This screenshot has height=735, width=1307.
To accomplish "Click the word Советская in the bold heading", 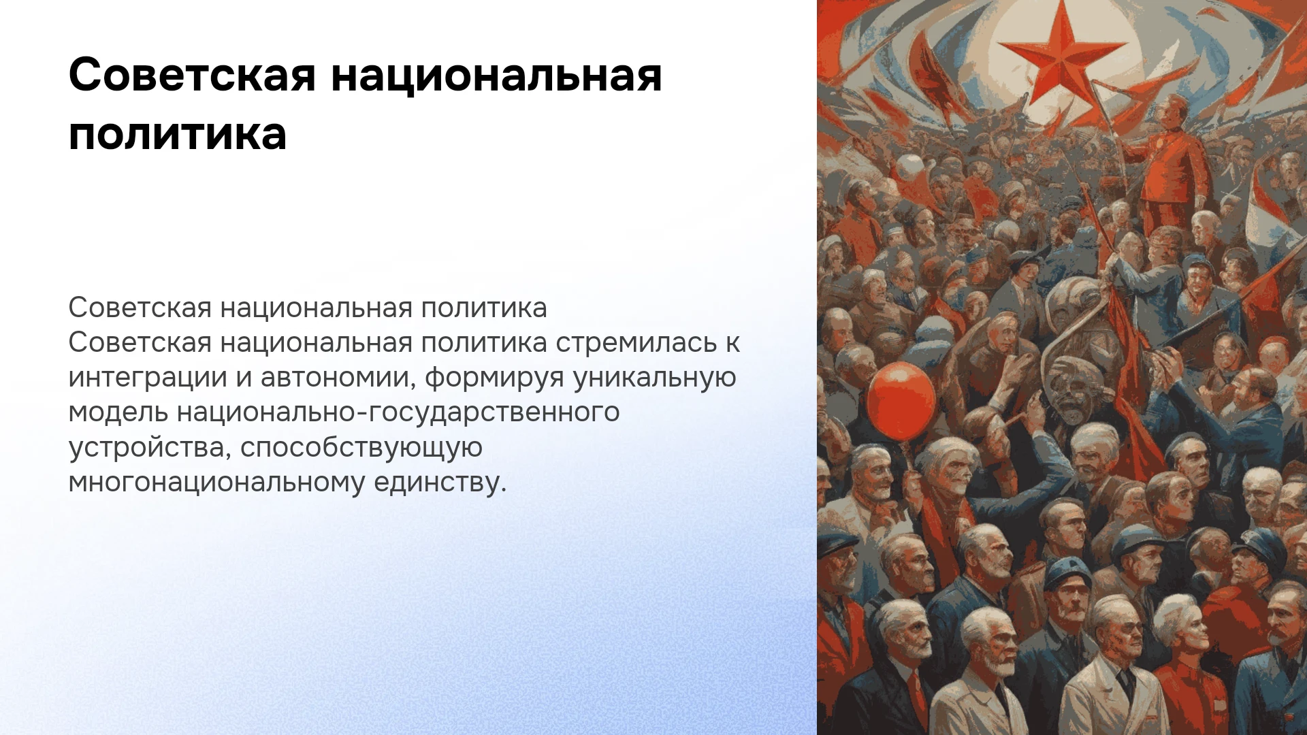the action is [193, 75].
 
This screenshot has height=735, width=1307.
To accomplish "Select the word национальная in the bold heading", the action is [497, 76].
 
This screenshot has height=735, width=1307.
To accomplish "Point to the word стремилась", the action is [636, 342].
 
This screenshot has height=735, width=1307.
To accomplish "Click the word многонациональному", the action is [217, 483].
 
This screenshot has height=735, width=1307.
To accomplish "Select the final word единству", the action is [440, 483].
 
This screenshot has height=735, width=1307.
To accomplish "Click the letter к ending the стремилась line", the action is [732, 343].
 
